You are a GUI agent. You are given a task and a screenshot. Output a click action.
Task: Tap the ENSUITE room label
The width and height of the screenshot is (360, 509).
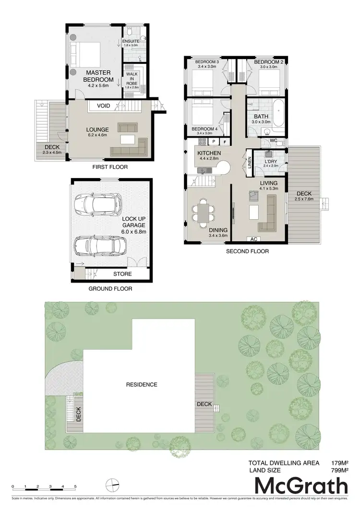(x=131, y=42)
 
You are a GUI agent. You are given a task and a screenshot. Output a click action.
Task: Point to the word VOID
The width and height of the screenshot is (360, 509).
(x=103, y=106)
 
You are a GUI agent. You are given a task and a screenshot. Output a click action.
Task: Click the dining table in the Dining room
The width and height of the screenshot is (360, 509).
(x=203, y=213)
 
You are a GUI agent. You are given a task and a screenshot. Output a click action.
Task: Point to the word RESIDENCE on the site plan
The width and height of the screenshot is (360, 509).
(x=142, y=384)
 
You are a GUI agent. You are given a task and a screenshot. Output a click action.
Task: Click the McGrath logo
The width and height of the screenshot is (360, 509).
(x=300, y=486)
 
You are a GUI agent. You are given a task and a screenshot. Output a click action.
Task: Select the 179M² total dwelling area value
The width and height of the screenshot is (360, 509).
(x=340, y=463)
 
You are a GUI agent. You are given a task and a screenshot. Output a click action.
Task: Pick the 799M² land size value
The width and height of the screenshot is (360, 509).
(x=340, y=471)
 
